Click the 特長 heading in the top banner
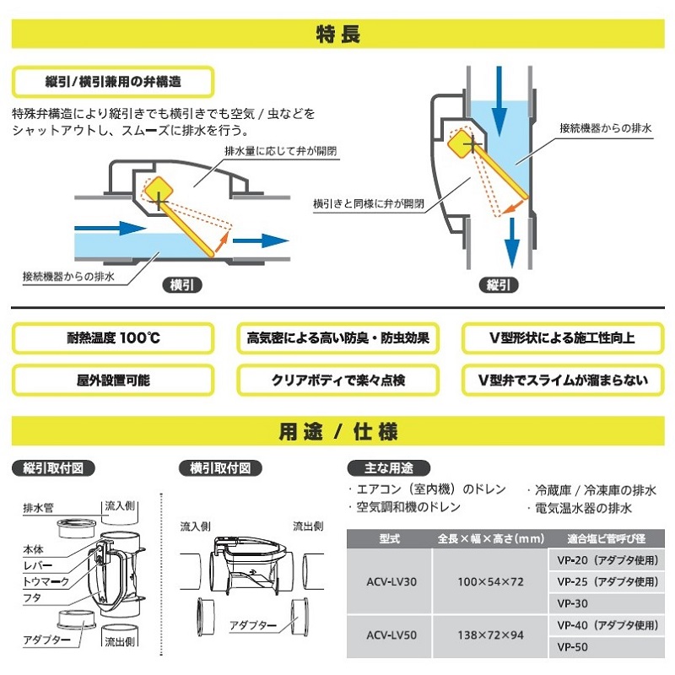pyautogui.click(x=337, y=35)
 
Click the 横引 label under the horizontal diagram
pyautogui.click(x=181, y=285)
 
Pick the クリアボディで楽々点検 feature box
pyautogui.click(x=337, y=380)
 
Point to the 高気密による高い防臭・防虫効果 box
pyautogui.click(x=337, y=338)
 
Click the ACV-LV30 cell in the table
pyautogui.click(x=389, y=582)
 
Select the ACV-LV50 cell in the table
pyautogui.click(x=389, y=636)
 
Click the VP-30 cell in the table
pyautogui.click(x=574, y=604)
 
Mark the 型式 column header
pyautogui.click(x=389, y=538)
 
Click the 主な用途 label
pyautogui.click(x=388, y=467)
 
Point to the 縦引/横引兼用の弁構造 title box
pyautogui.click(x=113, y=83)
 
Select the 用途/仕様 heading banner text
pyautogui.click(x=337, y=432)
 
